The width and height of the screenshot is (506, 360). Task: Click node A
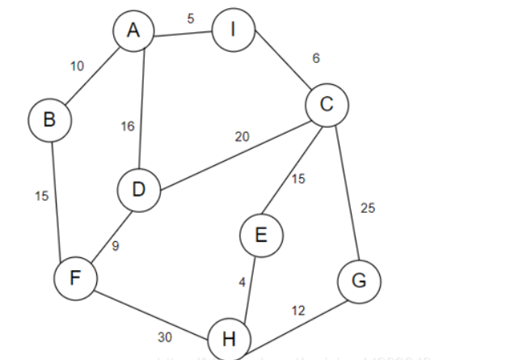[134, 32]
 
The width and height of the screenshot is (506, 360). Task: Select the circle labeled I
[234, 32]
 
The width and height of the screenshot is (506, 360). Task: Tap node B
[49, 121]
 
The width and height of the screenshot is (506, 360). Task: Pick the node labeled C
[327, 105]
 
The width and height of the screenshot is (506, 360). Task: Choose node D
[138, 191]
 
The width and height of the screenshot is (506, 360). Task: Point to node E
[260, 235]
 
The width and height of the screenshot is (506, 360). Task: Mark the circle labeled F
[75, 279]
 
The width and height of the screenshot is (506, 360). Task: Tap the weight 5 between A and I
[191, 19]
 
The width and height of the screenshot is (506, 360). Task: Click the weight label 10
[77, 66]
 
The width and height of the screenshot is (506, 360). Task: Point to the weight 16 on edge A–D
[128, 126]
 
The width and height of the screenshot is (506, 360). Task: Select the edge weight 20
[242, 137]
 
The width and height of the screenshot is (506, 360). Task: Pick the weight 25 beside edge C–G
[368, 209]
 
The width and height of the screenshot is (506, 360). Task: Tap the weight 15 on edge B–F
[41, 196]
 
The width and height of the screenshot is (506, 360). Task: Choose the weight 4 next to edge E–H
[240, 282]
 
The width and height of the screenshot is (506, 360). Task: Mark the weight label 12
[299, 311]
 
